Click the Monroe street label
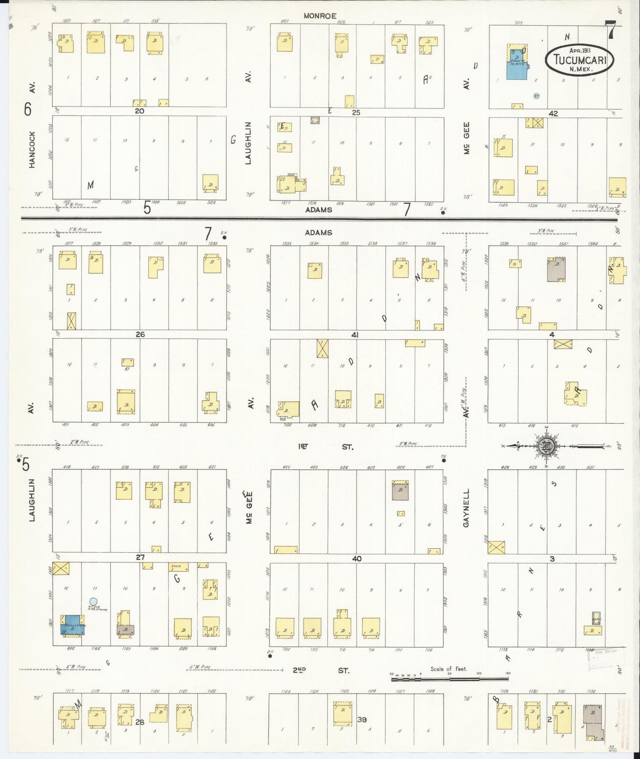[320, 16]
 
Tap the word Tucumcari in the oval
[579, 59]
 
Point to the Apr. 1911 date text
[579, 50]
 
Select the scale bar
[450, 678]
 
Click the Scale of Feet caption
[449, 669]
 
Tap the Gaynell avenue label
[466, 508]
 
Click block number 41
[355, 335]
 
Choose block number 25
[356, 112]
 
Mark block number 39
[362, 720]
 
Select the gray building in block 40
[400, 491]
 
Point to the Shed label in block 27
[175, 566]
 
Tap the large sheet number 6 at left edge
[28, 109]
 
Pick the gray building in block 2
[593, 722]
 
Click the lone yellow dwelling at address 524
[210, 183]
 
